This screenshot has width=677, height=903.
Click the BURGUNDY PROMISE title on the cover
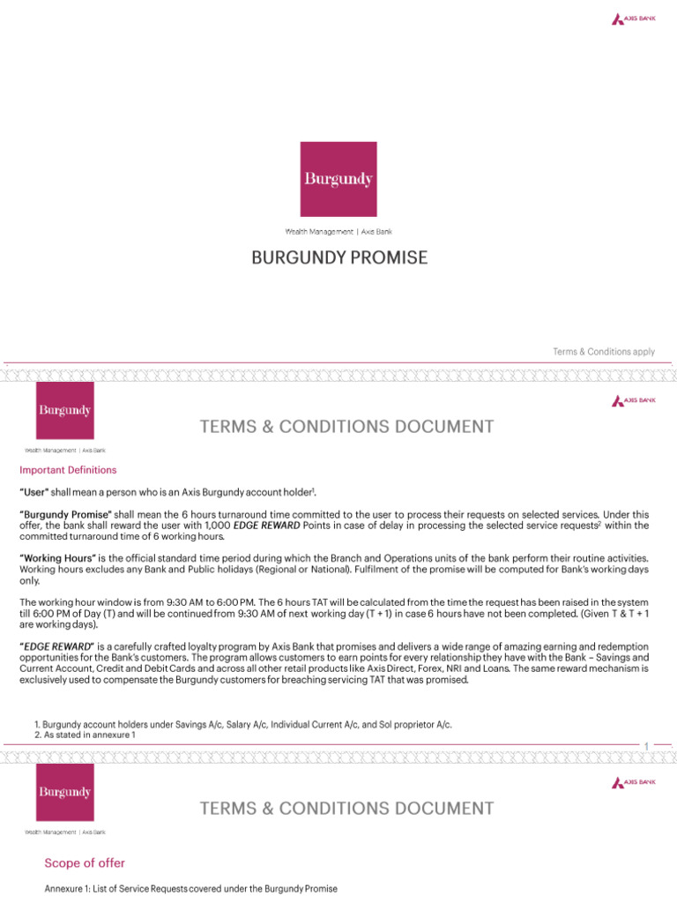click(x=339, y=257)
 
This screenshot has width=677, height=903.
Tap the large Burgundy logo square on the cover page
click(x=338, y=179)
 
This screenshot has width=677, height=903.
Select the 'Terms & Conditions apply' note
click(x=604, y=351)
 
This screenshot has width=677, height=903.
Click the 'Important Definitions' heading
click(x=68, y=470)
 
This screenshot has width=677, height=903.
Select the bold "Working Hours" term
click(x=58, y=558)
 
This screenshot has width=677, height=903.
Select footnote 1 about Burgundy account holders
click(x=242, y=724)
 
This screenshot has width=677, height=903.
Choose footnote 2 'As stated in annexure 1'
click(x=85, y=735)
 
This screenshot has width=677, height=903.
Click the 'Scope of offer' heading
click(x=85, y=863)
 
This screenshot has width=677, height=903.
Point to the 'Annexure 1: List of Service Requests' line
click(x=191, y=889)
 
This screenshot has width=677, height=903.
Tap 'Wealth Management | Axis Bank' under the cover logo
click(x=338, y=232)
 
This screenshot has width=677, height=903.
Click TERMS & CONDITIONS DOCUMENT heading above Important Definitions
click(x=346, y=427)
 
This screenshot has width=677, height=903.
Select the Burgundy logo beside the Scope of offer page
click(x=64, y=792)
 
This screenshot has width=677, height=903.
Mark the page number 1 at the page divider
click(x=646, y=746)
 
